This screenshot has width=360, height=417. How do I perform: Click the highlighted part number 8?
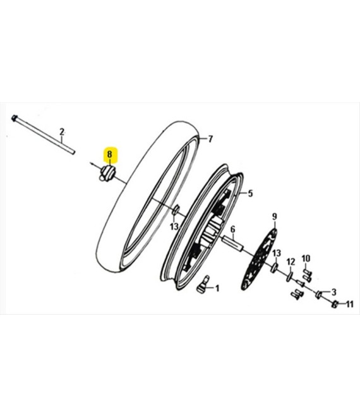click(110, 154)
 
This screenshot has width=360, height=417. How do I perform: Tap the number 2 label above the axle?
click(62, 131)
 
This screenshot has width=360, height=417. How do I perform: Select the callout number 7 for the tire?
click(210, 139)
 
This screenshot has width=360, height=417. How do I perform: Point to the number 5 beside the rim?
click(250, 193)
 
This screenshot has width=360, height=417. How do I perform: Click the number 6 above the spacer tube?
click(233, 229)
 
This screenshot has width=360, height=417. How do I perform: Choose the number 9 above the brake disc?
click(275, 217)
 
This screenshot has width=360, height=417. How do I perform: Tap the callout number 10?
click(306, 258)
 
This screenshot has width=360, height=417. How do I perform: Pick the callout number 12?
click(291, 262)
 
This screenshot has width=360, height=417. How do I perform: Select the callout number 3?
click(333, 292)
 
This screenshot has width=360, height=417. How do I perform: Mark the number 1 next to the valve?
click(217, 288)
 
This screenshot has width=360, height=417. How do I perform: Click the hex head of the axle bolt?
click(15, 118)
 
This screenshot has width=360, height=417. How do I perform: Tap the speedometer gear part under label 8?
click(107, 173)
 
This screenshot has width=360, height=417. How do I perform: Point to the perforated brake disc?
click(259, 259)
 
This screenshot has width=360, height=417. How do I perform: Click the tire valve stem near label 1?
click(203, 285)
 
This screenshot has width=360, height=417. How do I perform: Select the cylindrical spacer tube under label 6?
click(234, 243)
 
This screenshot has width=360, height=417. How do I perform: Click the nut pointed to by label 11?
click(335, 304)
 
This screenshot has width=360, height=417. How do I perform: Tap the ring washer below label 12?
click(289, 277)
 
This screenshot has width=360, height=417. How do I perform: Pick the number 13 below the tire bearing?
click(174, 227)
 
